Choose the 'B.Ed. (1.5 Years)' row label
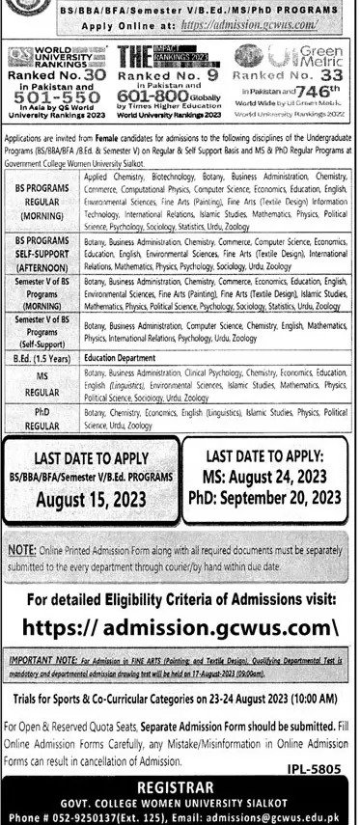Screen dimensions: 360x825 [x=45, y=356]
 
